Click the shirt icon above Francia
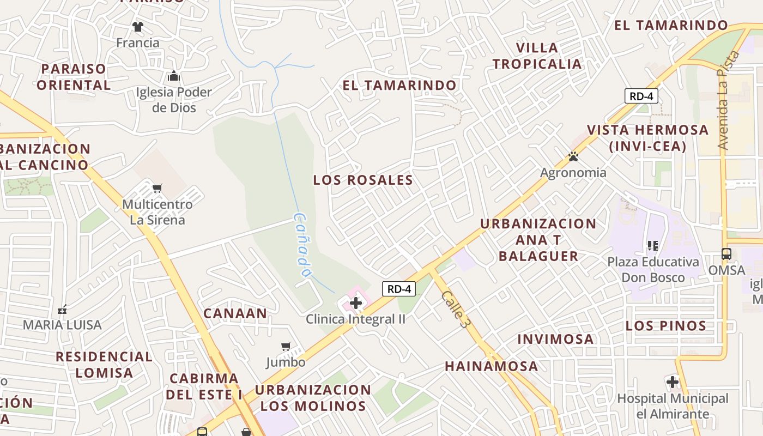point(137,26)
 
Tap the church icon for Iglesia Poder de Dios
point(174,76)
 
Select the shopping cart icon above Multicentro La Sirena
point(157,189)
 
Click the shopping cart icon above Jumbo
point(286,346)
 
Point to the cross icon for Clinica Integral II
point(356,303)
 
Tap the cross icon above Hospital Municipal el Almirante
point(673,381)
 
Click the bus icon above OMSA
point(726,254)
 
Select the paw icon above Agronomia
point(573,157)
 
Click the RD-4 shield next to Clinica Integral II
point(399,289)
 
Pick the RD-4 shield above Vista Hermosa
point(641,96)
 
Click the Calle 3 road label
point(456,309)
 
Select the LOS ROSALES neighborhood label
point(363,180)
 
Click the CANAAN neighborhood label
point(235,313)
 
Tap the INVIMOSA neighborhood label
point(555,339)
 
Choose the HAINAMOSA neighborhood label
point(492,366)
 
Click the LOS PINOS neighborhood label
point(666,326)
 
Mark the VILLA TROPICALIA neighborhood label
point(537,56)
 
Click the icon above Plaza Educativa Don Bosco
point(652,246)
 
